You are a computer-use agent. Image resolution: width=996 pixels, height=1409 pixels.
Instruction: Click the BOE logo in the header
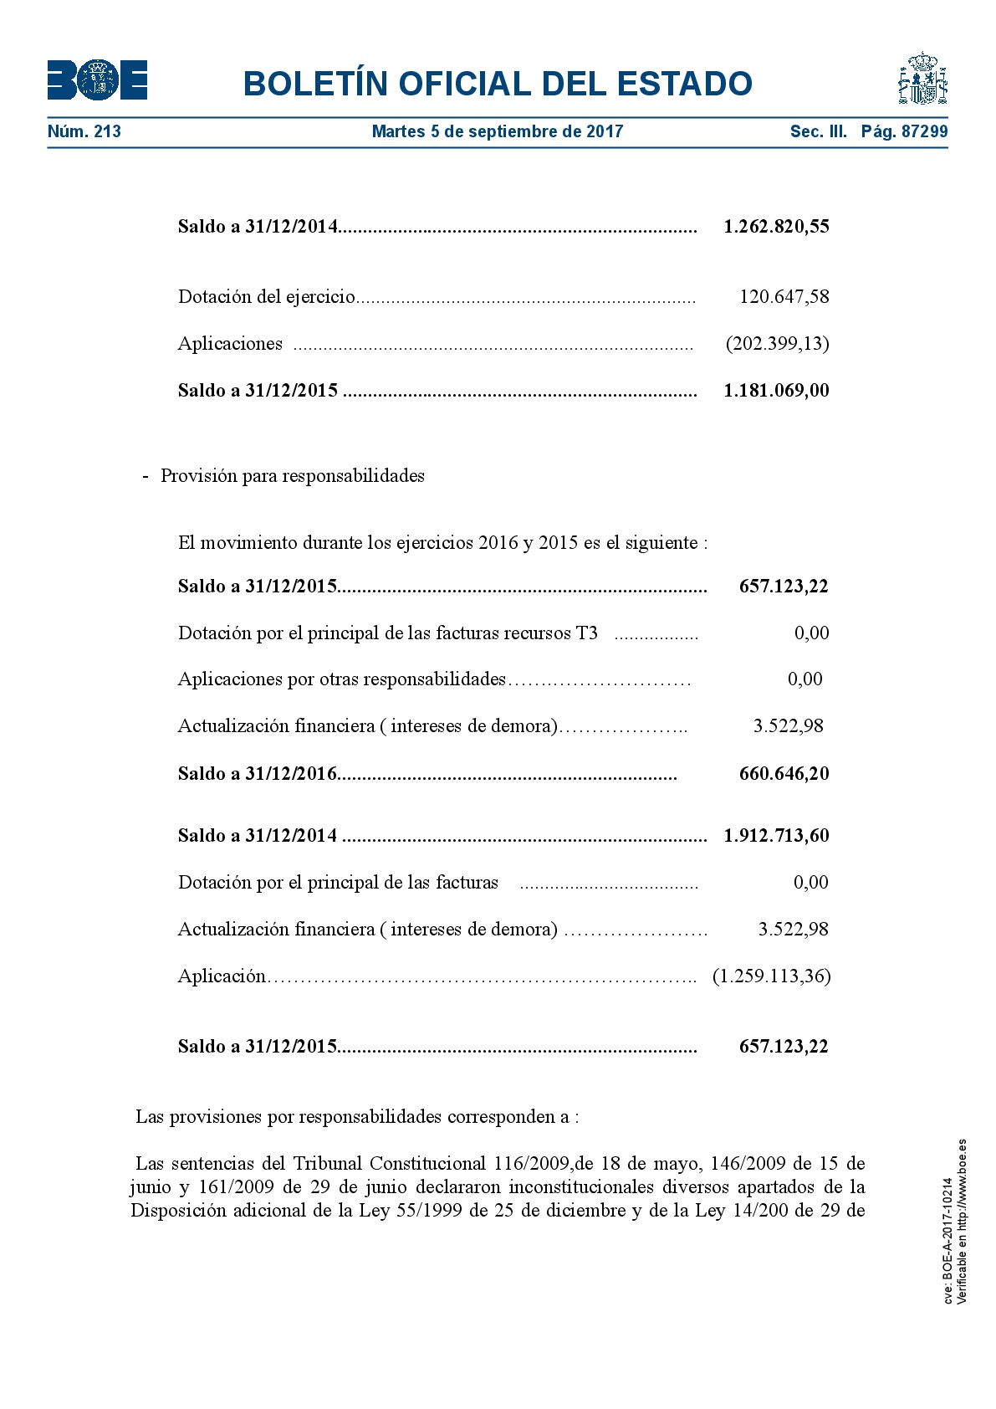(x=97, y=80)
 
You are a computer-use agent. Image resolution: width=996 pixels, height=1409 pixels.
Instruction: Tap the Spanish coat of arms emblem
(x=922, y=79)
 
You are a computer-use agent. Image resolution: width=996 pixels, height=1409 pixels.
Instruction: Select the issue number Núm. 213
(x=84, y=131)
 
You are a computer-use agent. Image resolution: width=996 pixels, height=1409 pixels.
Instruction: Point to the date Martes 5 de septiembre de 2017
(x=498, y=131)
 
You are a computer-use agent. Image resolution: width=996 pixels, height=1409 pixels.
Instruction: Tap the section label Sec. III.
(x=818, y=131)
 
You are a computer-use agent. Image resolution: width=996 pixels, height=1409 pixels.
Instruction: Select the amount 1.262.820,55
(x=776, y=227)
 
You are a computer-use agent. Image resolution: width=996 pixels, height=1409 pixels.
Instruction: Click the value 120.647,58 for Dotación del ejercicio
(x=784, y=297)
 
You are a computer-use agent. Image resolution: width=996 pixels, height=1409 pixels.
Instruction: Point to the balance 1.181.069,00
(x=776, y=391)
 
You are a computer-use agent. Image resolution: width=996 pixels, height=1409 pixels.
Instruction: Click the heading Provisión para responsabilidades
(x=293, y=476)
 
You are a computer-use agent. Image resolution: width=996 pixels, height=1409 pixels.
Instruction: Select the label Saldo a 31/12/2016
(x=258, y=774)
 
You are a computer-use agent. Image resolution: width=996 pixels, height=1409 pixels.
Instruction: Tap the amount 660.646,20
(x=784, y=774)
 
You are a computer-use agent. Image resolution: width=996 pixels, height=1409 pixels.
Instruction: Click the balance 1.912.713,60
(x=776, y=836)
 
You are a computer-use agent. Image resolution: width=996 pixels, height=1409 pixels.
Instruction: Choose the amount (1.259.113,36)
(x=771, y=976)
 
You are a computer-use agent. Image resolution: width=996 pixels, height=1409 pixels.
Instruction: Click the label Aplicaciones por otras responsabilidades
(x=342, y=679)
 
